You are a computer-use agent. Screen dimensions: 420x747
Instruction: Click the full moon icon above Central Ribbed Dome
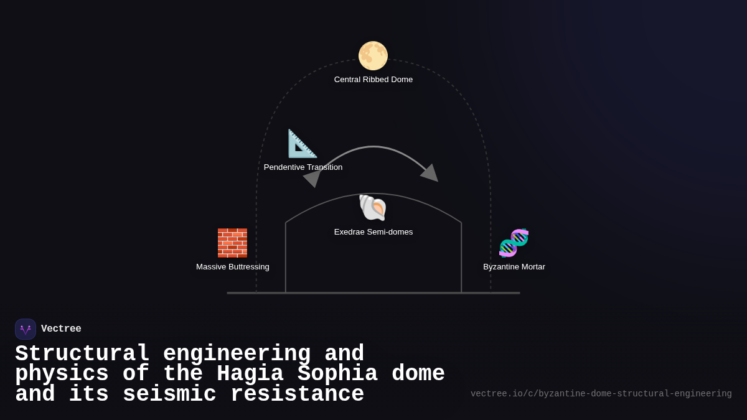373,56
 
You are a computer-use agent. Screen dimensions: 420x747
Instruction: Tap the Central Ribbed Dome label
374,80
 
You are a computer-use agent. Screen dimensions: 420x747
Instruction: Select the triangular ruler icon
303,144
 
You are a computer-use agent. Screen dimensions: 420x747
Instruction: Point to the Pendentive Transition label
303,167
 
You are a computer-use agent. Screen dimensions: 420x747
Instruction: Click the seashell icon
373,208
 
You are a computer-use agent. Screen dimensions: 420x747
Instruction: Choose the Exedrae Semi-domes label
374,232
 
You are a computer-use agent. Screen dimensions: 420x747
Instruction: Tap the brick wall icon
232,243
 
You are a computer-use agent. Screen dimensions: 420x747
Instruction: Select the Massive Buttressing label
233,267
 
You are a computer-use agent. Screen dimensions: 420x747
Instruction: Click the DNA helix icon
514,243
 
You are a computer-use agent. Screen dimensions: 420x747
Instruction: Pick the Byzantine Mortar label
514,267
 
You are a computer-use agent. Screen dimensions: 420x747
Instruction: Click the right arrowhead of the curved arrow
430,173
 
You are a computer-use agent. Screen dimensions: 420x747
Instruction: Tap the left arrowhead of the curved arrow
312,178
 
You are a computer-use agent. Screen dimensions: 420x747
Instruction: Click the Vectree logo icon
26,329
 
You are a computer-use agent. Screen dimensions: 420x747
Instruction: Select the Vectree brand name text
61,329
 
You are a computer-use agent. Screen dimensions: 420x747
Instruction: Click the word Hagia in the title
250,374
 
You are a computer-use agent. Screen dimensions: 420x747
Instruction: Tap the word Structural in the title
82,354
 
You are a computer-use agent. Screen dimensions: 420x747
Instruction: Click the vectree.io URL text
601,394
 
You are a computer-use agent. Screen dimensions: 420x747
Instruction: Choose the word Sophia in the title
337,374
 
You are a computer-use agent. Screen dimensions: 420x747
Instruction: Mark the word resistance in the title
297,394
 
